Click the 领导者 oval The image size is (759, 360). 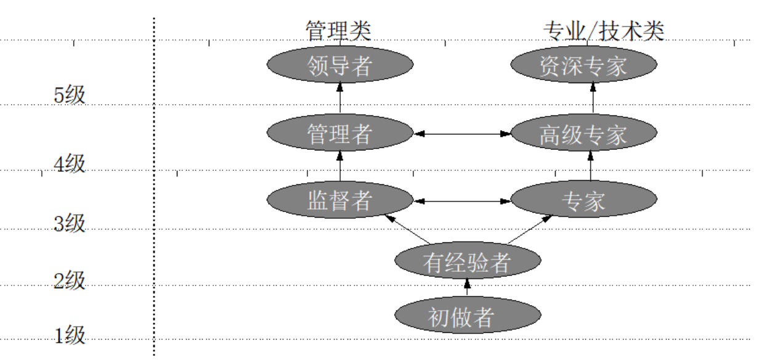[339, 64]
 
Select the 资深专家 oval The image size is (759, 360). [584, 64]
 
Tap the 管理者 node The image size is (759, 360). [339, 133]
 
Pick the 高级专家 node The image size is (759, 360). [584, 133]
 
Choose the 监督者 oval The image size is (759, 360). [339, 200]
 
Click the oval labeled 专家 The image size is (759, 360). [584, 200]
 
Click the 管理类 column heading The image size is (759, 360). [338, 30]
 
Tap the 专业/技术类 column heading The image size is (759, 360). [603, 30]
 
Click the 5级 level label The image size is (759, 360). [69, 96]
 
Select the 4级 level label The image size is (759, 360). [69, 164]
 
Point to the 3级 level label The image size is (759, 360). [69, 223]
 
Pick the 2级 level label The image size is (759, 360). [69, 281]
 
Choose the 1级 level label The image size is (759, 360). [69, 336]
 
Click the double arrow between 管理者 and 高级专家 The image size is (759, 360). [462, 133]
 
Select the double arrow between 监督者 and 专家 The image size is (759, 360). [462, 200]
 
